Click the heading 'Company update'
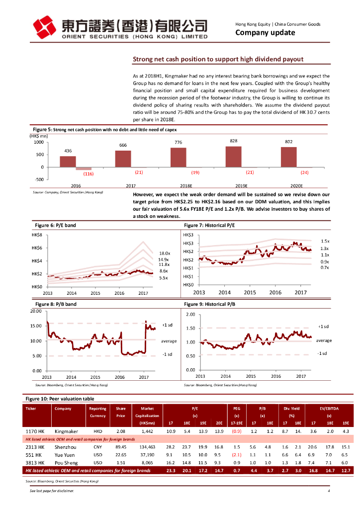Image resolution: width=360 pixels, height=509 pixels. point(265,33)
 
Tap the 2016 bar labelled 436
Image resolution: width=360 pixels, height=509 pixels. point(68,162)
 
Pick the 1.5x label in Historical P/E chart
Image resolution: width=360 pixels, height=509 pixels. point(325,241)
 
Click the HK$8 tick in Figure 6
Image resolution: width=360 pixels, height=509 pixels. point(36,235)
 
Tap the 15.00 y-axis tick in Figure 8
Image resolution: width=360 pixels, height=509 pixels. point(36,326)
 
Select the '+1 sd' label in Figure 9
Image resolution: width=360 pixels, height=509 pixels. point(324,326)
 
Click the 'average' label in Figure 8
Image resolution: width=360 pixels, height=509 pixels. point(169,341)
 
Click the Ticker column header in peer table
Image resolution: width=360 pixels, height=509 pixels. point(31,409)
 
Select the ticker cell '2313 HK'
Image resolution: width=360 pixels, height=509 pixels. point(35,447)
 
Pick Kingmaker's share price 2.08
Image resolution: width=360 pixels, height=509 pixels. point(120,431)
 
